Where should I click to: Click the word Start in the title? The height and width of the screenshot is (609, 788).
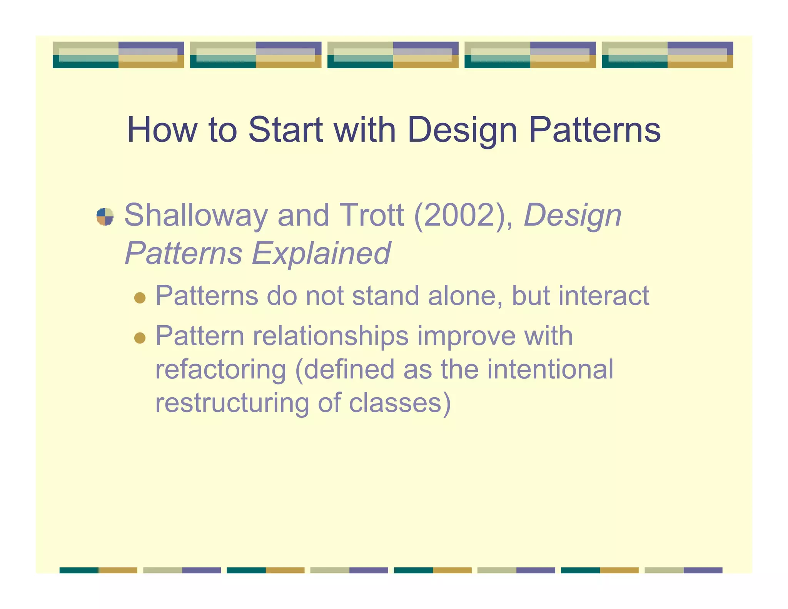pyautogui.click(x=285, y=130)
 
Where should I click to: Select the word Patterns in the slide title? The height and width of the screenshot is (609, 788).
pyautogui.click(x=595, y=130)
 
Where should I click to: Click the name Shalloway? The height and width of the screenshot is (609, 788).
pyautogui.click(x=195, y=216)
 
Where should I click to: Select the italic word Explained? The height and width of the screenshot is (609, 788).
pyautogui.click(x=321, y=253)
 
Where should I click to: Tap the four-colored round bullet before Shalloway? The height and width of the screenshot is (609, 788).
pyautogui.click(x=105, y=216)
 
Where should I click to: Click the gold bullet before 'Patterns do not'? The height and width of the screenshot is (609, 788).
pyautogui.click(x=140, y=298)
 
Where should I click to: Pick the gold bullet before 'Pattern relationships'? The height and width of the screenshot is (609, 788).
pyautogui.click(x=140, y=338)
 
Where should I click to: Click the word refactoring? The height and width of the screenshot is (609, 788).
pyautogui.click(x=221, y=369)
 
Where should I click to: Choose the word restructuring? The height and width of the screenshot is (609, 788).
pyautogui.click(x=232, y=403)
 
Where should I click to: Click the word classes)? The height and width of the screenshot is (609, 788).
pyautogui.click(x=400, y=403)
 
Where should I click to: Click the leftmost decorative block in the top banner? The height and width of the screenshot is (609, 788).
pyautogui.click(x=118, y=55)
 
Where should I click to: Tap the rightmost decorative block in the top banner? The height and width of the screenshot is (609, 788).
pyautogui.click(x=667, y=55)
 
